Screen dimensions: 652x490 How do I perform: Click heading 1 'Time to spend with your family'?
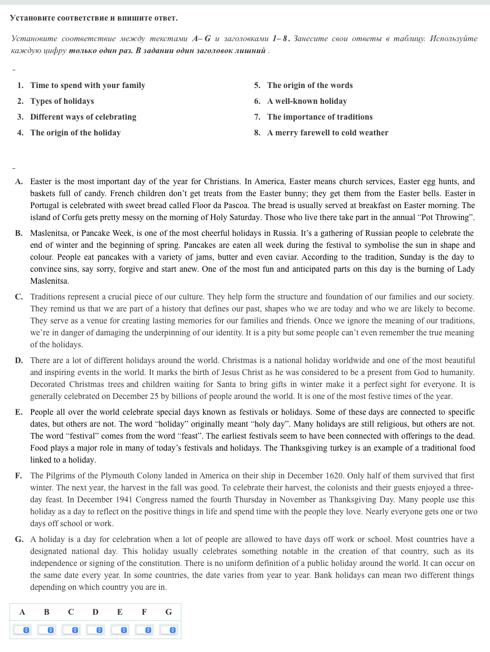[88, 85]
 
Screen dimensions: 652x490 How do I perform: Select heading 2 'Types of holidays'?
[62, 101]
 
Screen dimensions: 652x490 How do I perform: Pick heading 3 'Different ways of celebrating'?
[83, 117]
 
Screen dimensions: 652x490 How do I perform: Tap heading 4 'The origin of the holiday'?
[75, 133]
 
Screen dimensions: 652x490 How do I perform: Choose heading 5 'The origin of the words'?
[310, 85]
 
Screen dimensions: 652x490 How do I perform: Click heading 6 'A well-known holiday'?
[307, 101]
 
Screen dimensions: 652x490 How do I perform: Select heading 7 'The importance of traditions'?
[320, 117]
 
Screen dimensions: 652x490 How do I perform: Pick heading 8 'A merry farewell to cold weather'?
[327, 133]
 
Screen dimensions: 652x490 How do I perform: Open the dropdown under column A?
[22, 630]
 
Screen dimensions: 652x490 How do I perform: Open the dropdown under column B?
[46, 630]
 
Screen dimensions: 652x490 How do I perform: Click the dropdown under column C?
[71, 630]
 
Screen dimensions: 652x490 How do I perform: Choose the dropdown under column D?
[95, 630]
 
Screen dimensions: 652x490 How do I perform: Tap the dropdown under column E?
[120, 630]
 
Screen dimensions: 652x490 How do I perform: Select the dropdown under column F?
[144, 630]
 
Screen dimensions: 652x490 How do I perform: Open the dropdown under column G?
[168, 630]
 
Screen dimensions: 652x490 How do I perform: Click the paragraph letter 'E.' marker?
[19, 412]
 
